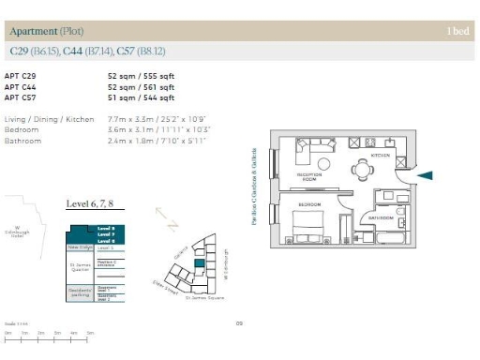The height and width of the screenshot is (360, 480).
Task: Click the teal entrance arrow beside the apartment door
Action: click(425, 174)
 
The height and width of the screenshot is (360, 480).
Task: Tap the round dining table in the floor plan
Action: click(364, 170)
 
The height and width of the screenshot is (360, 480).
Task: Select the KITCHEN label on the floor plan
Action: click(381, 156)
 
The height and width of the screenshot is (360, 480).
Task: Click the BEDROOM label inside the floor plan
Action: click(311, 203)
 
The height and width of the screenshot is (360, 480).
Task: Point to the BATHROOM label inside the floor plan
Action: click(380, 218)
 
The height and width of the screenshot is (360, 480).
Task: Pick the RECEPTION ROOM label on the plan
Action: click(309, 176)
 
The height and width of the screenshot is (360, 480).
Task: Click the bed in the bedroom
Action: click(309, 226)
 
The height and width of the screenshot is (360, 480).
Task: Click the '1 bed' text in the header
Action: click(458, 31)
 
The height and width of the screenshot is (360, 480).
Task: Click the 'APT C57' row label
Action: click(21, 97)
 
